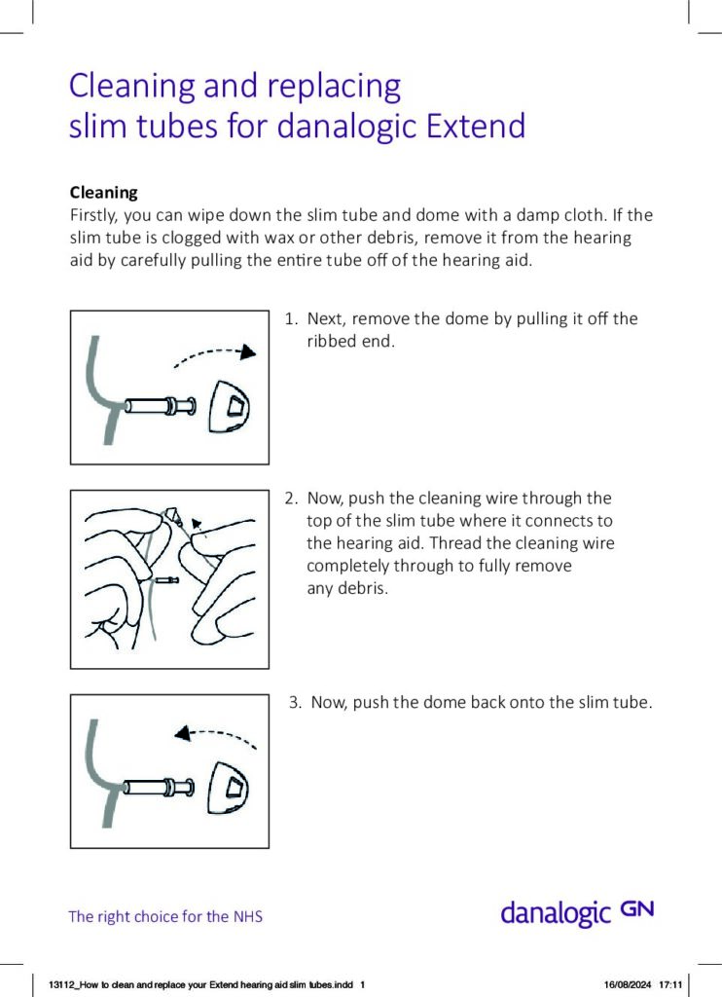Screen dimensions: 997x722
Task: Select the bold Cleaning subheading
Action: click(x=103, y=192)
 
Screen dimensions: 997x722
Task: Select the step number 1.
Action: click(x=289, y=319)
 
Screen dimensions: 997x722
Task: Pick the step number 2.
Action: click(x=289, y=498)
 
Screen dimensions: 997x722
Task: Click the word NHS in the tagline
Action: click(x=248, y=917)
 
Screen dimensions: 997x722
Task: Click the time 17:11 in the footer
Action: click(x=671, y=984)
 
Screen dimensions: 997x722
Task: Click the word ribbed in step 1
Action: click(x=332, y=342)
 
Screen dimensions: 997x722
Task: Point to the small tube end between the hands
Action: click(x=166, y=580)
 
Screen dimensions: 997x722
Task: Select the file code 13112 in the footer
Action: click(x=60, y=984)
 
